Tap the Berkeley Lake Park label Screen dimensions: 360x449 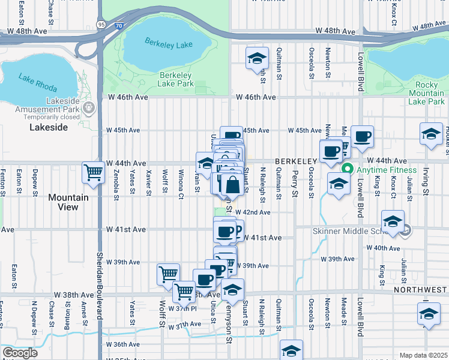pyautogui.click(x=176, y=79)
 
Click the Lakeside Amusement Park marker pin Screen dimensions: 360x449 pyautogui.click(x=89, y=108)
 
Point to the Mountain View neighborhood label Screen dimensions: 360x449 pyautogui.click(x=68, y=202)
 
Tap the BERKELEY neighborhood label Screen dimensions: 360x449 pyautogui.click(x=295, y=162)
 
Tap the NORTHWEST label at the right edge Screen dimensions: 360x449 pyautogui.click(x=421, y=290)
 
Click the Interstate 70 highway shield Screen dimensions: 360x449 pyautogui.click(x=119, y=26)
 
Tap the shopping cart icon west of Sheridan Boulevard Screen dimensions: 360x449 pyautogui.click(x=94, y=173)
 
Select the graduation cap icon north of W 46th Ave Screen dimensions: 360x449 pyautogui.click(x=257, y=58)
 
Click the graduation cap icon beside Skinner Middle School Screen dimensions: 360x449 pyautogui.click(x=393, y=221)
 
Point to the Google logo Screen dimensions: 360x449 pyautogui.click(x=20, y=352)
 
